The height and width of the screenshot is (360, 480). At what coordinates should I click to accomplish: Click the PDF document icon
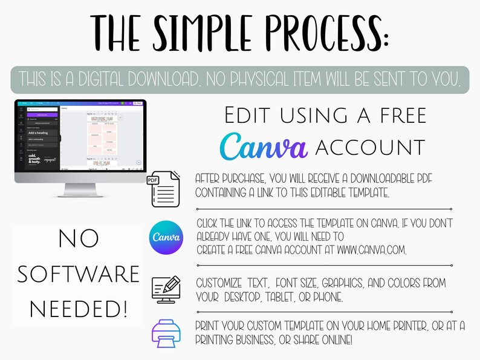tap(164, 188)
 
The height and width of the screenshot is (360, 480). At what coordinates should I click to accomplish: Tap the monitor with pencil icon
tap(165, 288)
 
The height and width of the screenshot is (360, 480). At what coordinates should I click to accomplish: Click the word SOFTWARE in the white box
tap(79, 275)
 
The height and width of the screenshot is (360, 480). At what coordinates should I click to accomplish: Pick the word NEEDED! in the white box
tap(79, 310)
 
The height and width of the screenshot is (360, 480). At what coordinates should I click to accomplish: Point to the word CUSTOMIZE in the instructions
tap(219, 283)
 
